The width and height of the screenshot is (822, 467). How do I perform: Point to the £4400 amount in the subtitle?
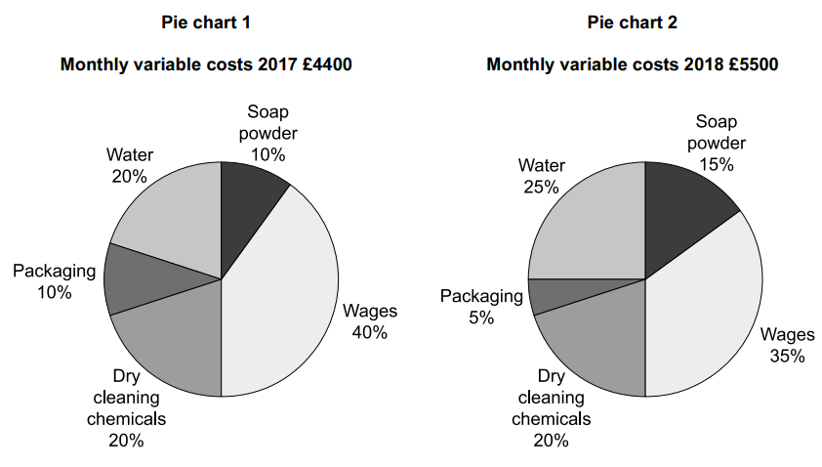point(326,65)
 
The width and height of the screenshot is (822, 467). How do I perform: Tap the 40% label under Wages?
point(370,332)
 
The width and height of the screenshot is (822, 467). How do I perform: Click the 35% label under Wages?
point(787,357)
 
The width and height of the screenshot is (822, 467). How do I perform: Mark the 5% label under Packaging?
point(481,318)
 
